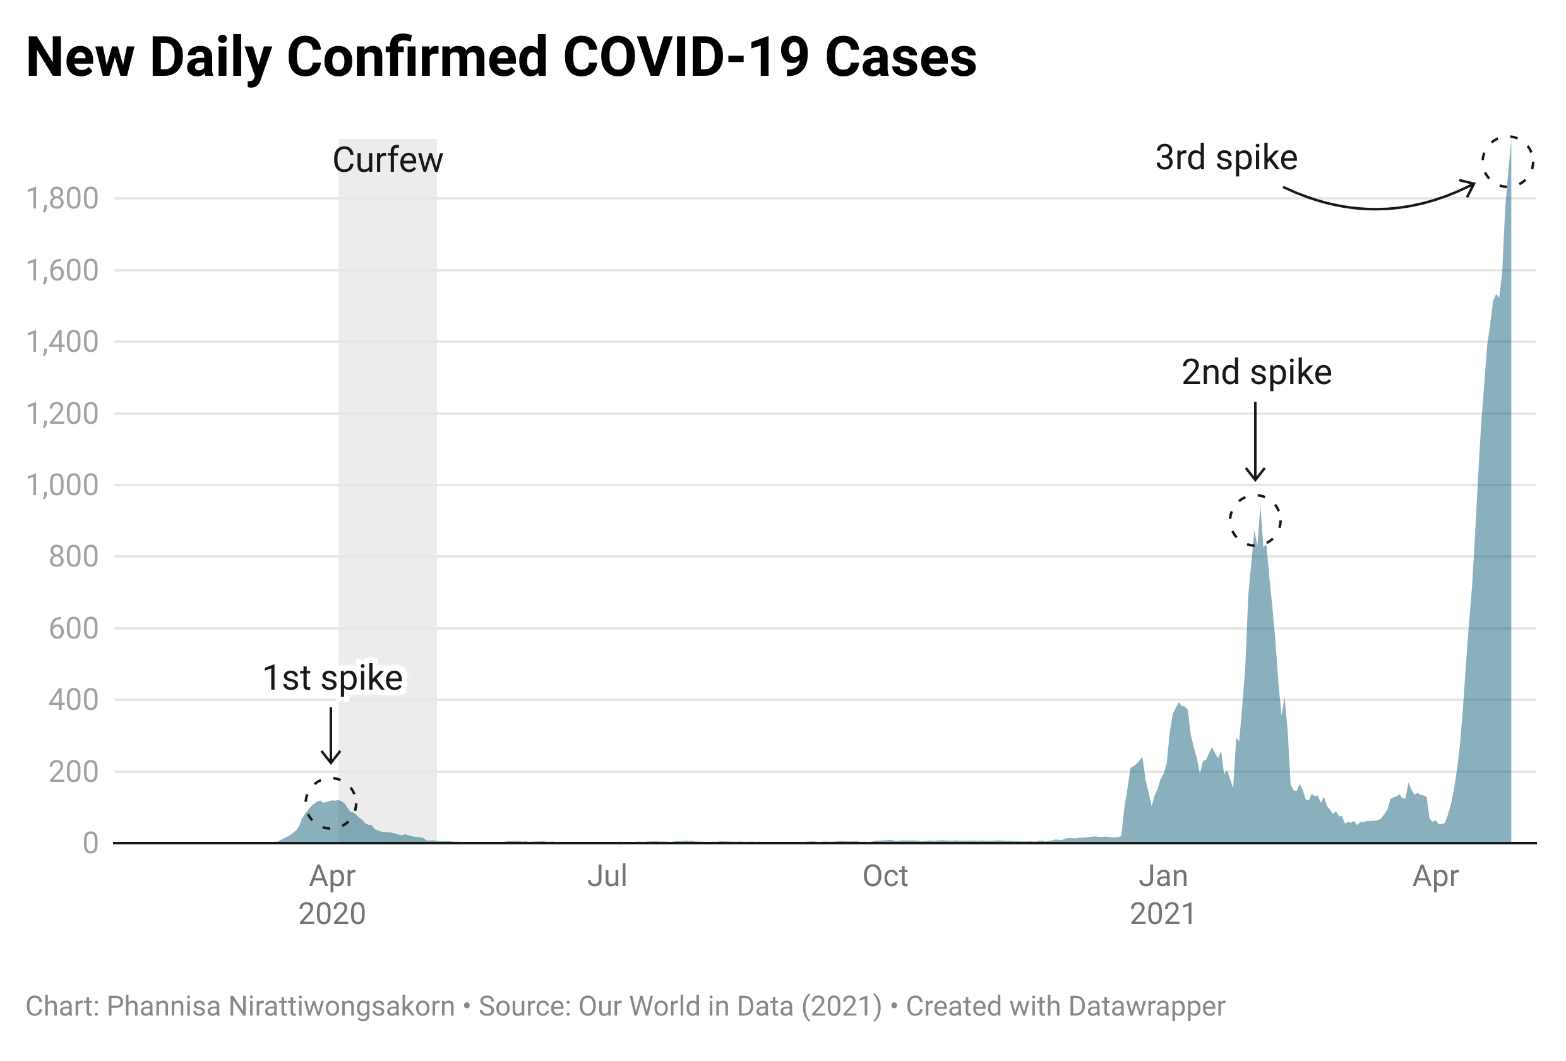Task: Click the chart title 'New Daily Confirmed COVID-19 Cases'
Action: pos(501,58)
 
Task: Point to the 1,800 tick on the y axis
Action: pos(62,199)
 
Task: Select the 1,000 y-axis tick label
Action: pos(62,485)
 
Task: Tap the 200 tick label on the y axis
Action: pos(73,772)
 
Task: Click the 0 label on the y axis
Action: pos(90,843)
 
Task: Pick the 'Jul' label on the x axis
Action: pos(607,877)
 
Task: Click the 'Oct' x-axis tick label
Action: pos(885,877)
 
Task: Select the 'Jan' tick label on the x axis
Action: pos(1163,877)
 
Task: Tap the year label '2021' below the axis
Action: pos(1163,914)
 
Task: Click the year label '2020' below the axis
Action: pos(332,914)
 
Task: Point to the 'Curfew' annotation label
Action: pos(388,160)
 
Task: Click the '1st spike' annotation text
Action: pos(333,678)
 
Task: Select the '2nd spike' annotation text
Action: pos(1257,373)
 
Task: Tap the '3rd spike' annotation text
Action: pos(1226,158)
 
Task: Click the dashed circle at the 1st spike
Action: pos(331,803)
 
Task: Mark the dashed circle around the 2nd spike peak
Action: pos(1255,520)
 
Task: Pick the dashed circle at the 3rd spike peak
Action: pos(1508,162)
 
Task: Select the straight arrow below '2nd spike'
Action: pos(1255,441)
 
